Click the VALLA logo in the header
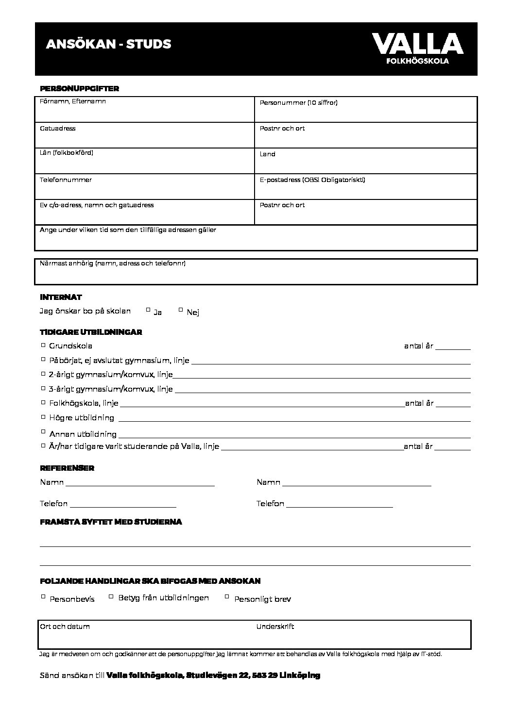(417, 48)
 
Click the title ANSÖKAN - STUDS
(108, 44)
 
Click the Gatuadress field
(144, 138)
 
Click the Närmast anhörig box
(256, 274)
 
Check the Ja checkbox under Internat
(148, 309)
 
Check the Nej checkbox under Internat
(181, 309)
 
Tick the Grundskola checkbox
(43, 345)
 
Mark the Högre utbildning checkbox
(43, 417)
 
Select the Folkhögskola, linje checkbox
(43, 402)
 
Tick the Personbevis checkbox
(43, 596)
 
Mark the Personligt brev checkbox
(227, 596)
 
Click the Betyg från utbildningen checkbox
(111, 596)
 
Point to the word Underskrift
(275, 627)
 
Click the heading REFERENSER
(67, 468)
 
